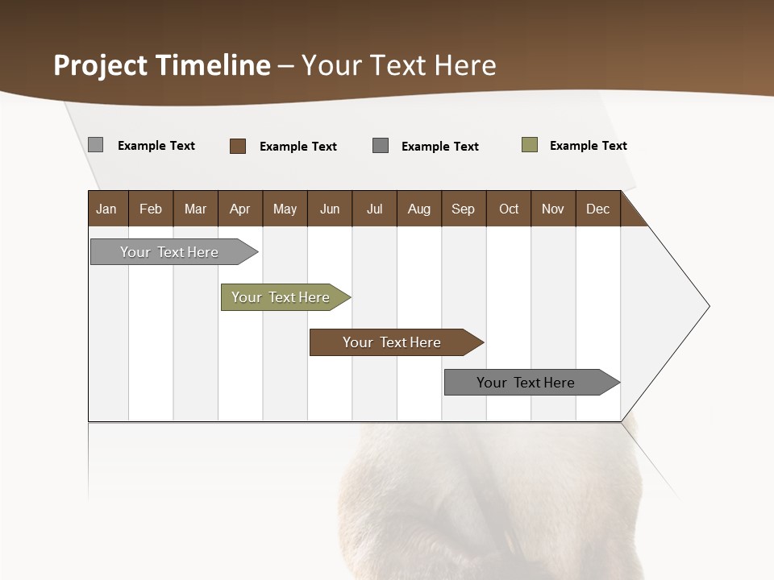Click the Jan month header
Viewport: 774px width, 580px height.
coord(106,209)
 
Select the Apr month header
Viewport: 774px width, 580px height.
coord(240,209)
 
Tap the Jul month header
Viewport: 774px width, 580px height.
coord(374,209)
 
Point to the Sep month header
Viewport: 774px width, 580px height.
coord(463,209)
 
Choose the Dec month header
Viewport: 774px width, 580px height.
coord(597,209)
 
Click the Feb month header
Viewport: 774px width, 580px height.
coord(151,209)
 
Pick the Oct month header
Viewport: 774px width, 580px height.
coord(509,209)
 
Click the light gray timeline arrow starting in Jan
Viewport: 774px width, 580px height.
coord(169,252)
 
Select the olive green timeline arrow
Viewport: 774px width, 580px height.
coord(281,297)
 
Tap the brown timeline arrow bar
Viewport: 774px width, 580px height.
coord(392,342)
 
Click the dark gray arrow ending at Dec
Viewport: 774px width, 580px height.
coord(526,383)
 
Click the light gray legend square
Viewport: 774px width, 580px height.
coord(95,145)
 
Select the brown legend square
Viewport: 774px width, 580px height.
coord(238,146)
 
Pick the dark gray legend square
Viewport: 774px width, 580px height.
coord(381,145)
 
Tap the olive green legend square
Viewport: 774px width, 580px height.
coord(530,145)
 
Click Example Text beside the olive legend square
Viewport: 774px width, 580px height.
coord(588,146)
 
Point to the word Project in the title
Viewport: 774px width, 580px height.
coord(101,65)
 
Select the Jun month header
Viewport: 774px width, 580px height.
coord(330,209)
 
